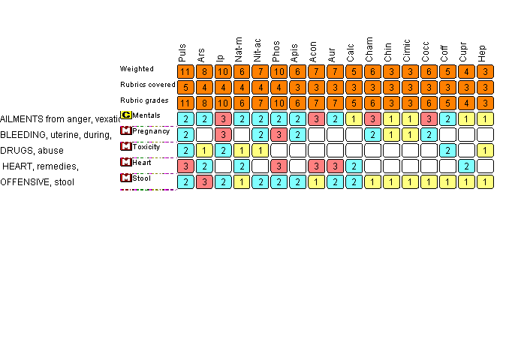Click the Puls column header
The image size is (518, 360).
pos(183,52)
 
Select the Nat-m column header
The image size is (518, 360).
pos(239,50)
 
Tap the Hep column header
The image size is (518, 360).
pos(483,52)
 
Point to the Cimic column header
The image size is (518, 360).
pos(408,50)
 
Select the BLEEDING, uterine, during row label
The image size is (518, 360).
pos(56,134)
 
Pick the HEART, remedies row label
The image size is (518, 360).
pos(41,166)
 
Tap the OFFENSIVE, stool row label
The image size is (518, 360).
pos(38,181)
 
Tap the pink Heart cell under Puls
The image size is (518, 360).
pos(185,166)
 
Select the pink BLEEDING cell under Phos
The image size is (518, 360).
pos(279,134)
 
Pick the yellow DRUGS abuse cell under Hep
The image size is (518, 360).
pos(485,150)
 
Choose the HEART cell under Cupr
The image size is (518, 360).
pos(466,166)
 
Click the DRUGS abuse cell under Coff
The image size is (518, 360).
pos(447,150)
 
